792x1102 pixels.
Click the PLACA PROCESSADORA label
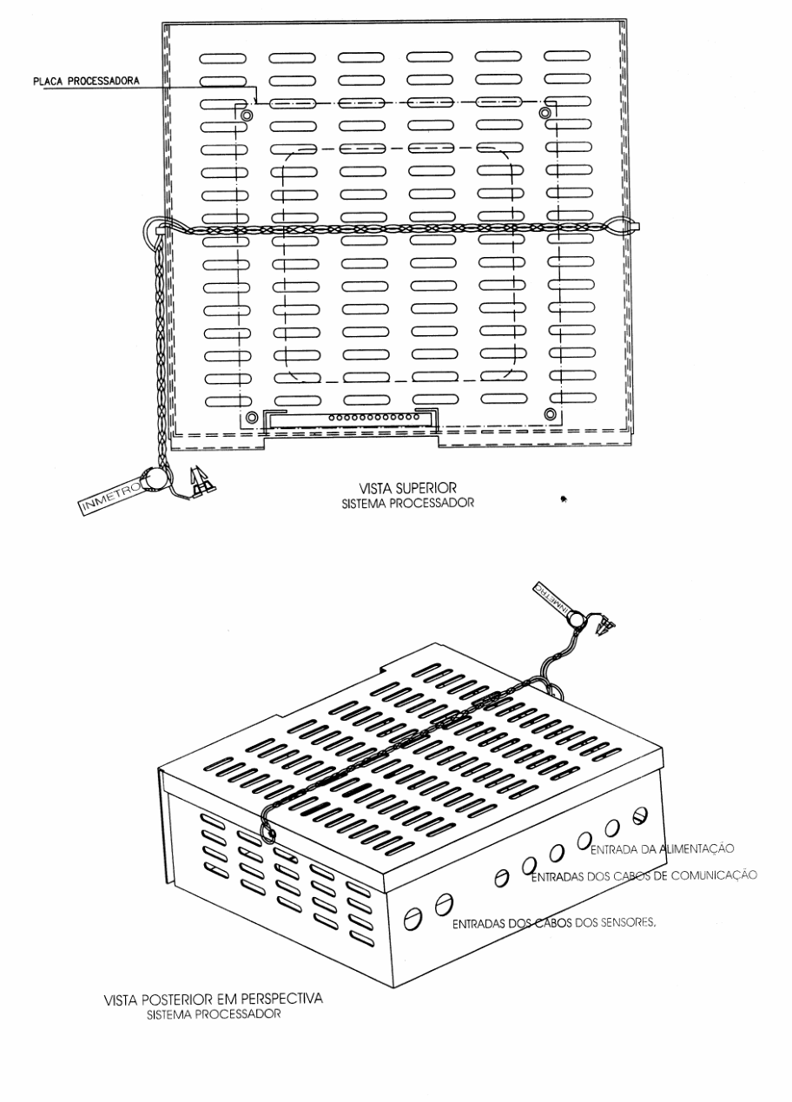pos(86,81)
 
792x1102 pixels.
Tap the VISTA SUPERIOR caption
pos(408,488)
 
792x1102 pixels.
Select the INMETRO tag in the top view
pos(110,497)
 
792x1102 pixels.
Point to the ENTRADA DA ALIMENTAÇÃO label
pos(662,848)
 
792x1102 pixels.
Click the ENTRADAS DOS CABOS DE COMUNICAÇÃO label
pos(643,875)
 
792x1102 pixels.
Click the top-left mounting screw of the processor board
pos(247,115)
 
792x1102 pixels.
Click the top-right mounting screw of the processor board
pos(544,114)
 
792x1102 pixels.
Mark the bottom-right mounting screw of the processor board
pos(550,414)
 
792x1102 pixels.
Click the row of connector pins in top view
pos(373,418)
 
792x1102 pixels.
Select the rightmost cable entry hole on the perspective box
pos(640,815)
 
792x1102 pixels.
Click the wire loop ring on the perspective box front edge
pos(268,834)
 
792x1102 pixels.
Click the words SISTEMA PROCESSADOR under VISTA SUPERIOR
pos(408,504)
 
